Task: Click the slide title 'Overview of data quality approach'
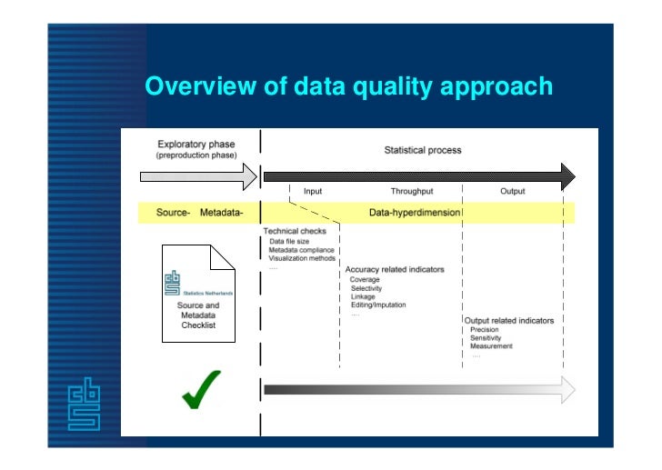348,86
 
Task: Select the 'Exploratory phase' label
196,144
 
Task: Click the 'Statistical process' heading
422,150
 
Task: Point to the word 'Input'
312,192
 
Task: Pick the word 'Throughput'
411,192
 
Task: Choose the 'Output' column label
513,192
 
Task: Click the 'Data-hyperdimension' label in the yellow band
415,213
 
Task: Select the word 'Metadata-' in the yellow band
221,213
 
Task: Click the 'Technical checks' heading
295,231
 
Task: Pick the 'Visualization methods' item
302,258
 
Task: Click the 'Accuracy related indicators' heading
394,270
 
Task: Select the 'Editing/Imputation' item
378,305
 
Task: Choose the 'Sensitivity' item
486,337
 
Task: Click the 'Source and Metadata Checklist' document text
198,315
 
